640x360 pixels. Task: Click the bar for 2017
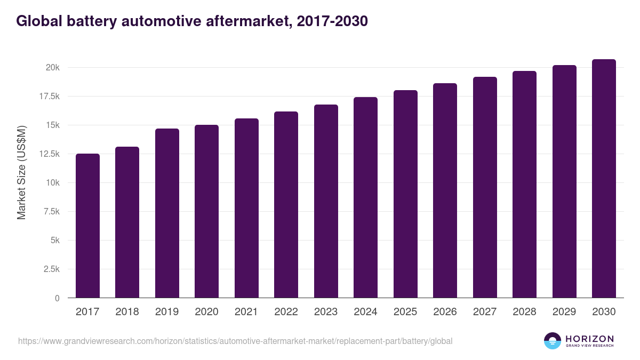point(87,226)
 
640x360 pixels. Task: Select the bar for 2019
point(167,213)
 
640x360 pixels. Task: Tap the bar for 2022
point(286,205)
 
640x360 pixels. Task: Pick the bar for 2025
point(405,194)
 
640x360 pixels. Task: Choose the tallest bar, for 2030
point(604,179)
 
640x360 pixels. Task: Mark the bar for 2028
point(524,185)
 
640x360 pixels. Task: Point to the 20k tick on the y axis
point(52,68)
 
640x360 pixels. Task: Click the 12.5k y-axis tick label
point(48,154)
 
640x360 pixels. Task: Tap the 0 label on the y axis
point(57,298)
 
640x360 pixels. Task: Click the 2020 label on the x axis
point(206,312)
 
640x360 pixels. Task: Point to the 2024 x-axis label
point(365,312)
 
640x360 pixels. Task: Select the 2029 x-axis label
point(564,312)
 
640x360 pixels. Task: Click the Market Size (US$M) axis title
point(21,172)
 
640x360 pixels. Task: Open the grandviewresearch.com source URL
point(235,341)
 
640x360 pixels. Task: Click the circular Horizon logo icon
point(553,341)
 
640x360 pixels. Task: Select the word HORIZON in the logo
point(589,339)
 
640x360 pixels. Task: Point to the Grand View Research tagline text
point(589,346)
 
